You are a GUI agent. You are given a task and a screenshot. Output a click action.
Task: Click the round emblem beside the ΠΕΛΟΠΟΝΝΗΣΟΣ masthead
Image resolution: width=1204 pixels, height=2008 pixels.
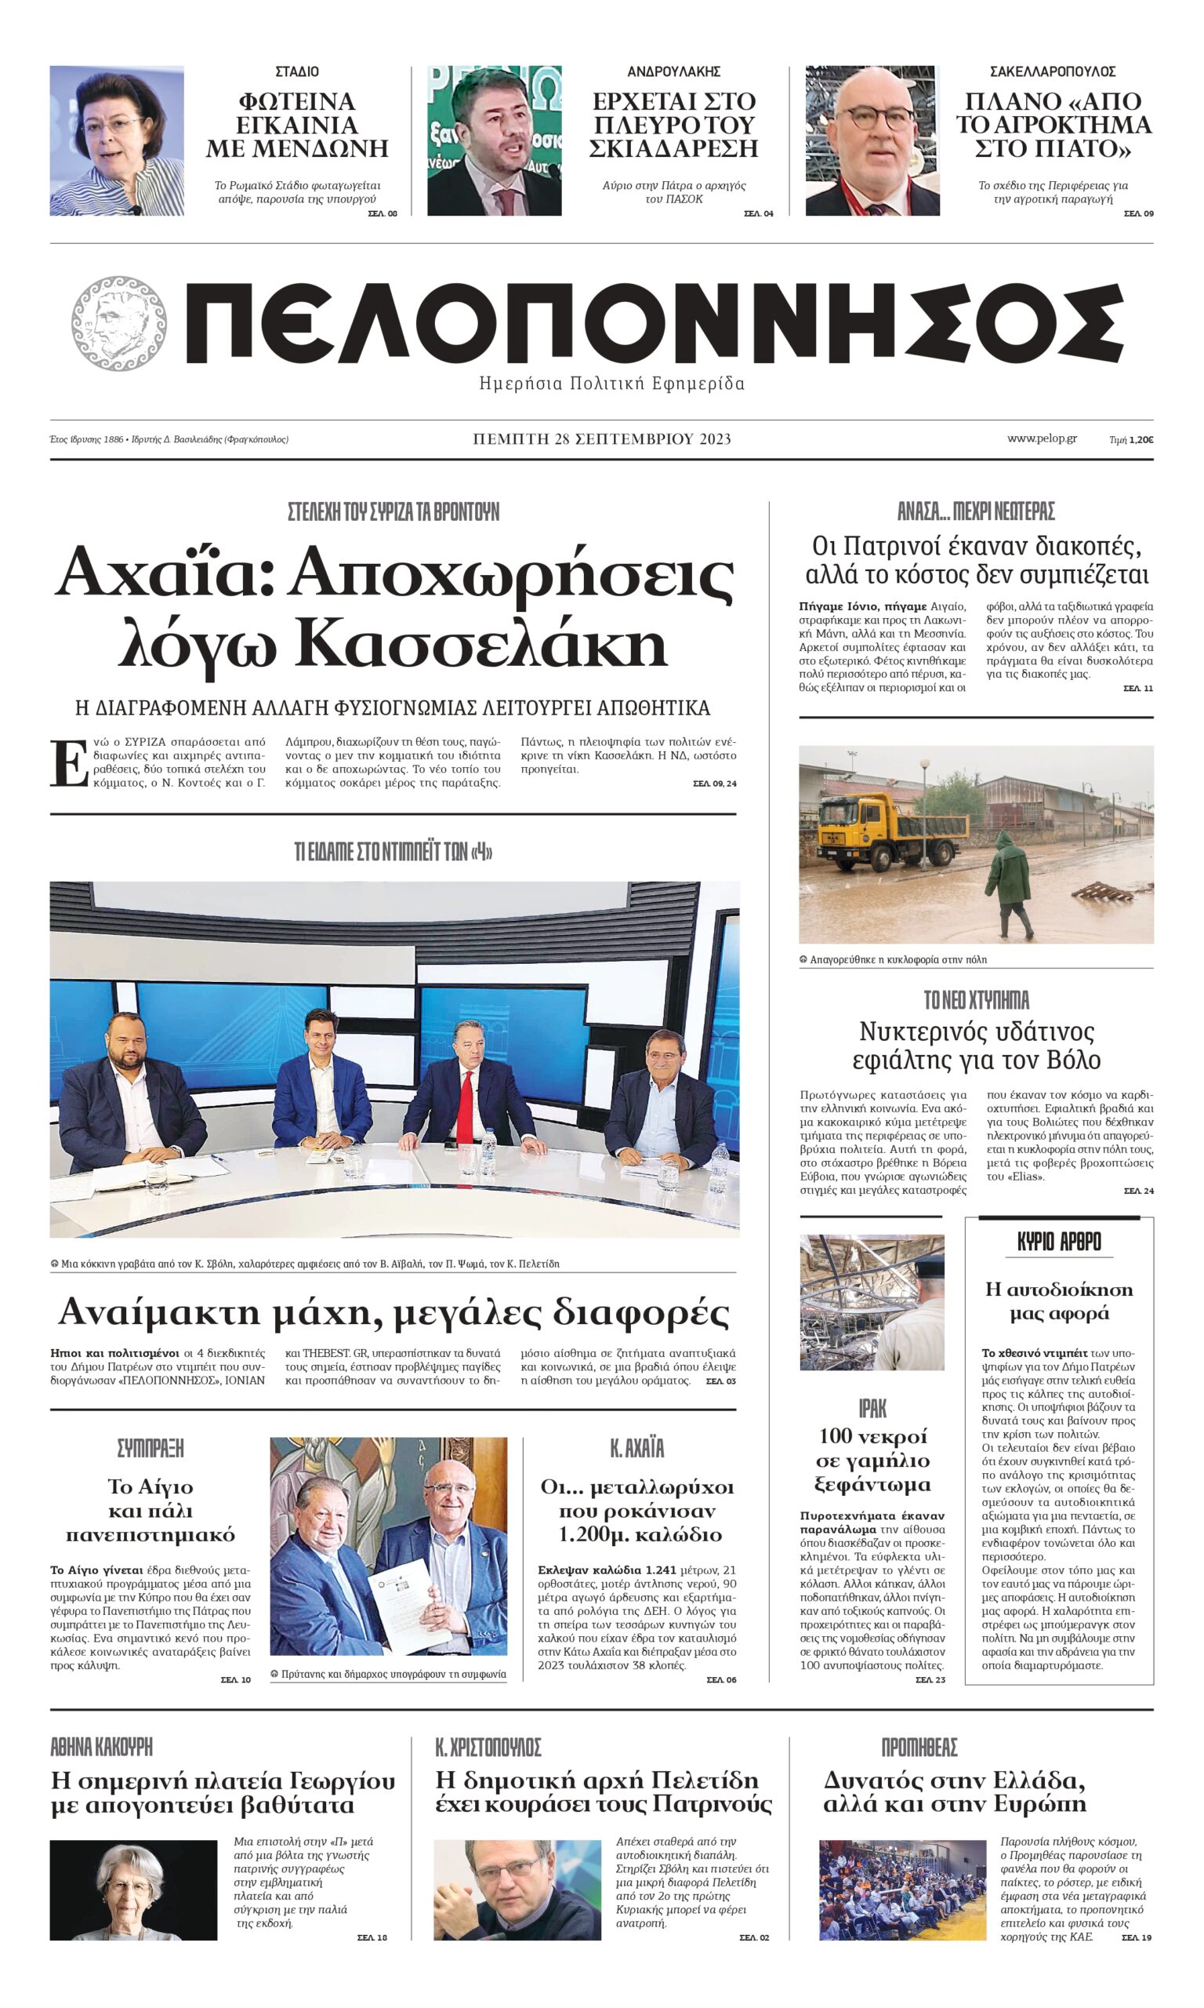(x=118, y=322)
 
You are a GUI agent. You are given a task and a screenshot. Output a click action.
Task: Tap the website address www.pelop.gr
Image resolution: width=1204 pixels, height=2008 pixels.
(x=1042, y=438)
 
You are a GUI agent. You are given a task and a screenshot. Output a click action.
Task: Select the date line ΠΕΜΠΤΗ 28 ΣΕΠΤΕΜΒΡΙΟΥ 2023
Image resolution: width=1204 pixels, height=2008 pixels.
(x=602, y=439)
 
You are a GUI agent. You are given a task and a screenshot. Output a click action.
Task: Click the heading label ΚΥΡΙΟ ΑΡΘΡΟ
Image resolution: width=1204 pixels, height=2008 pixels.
(x=1059, y=1242)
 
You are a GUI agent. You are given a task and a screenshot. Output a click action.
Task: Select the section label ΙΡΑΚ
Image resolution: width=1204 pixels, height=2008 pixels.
(x=872, y=1407)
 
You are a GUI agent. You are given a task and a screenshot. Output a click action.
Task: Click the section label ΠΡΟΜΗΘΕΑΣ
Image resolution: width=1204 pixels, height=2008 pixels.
(x=919, y=1747)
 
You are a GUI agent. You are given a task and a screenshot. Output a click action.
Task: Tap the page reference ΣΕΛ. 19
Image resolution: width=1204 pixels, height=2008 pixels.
(x=1136, y=1937)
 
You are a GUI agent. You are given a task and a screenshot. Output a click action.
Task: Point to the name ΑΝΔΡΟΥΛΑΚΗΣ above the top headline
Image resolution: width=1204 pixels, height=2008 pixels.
(x=673, y=71)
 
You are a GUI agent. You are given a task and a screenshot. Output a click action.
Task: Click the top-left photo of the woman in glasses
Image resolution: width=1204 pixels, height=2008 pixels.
(x=117, y=140)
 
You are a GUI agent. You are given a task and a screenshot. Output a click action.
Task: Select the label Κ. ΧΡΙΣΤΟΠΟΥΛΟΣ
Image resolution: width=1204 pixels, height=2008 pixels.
(x=488, y=1747)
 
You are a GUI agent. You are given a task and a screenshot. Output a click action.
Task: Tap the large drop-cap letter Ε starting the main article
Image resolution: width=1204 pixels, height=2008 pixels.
(x=69, y=763)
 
